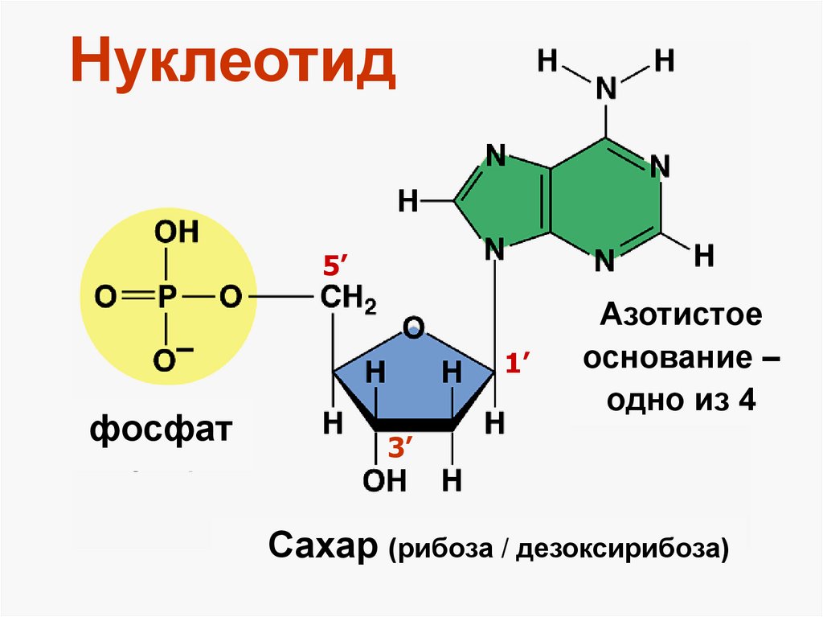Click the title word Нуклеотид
click(232, 66)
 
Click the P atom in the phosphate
click(165, 298)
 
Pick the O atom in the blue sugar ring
click(414, 327)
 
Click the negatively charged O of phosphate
click(165, 360)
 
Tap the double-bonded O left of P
click(105, 298)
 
